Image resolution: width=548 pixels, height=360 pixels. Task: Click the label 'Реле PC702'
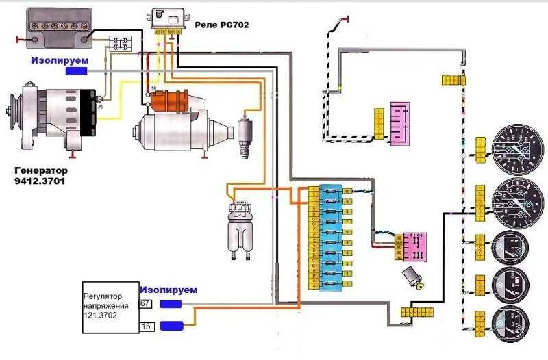point(221,24)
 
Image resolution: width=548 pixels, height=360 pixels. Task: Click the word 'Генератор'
point(43,170)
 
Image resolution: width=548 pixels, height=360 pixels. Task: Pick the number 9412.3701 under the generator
point(42,183)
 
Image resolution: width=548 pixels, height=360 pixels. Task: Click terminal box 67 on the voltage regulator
point(145,303)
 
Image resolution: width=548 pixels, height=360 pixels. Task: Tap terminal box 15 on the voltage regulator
point(145,326)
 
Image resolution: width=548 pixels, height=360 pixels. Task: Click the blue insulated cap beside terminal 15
point(171,326)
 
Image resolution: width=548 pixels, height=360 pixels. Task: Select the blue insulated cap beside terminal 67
point(171,303)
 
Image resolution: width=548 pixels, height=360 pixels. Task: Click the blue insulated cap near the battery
point(76,70)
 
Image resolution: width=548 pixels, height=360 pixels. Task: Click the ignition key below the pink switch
point(414,277)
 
